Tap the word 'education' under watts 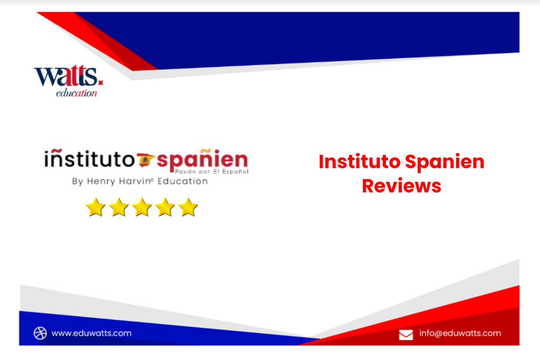[76, 93]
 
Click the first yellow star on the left [95, 207]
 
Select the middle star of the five [142, 207]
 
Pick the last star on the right [188, 207]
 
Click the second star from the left [119, 207]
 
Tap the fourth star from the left [165, 207]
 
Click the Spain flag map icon [146, 159]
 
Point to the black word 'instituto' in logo [90, 159]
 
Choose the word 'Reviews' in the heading [401, 186]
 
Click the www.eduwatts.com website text [91, 333]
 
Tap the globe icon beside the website [41, 333]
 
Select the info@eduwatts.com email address [460, 333]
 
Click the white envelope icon [406, 334]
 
